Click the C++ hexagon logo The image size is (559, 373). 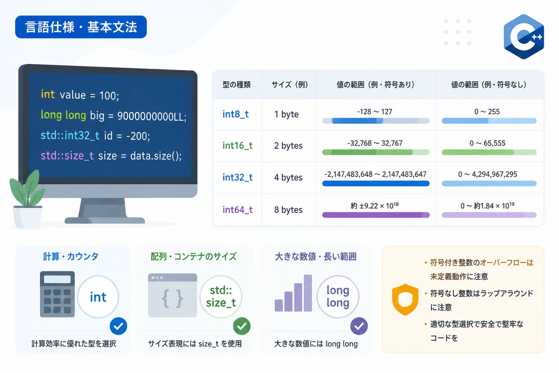click(524, 37)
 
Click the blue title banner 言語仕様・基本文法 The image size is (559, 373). click(81, 27)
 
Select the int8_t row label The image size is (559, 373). click(235, 114)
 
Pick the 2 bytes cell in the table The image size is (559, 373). click(288, 145)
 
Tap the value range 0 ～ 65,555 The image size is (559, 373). click(487, 143)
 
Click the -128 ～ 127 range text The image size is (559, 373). click(374, 111)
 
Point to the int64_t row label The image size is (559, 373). click(238, 209)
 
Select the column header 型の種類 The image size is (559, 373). click(236, 85)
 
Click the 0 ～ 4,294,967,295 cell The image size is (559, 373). click(487, 174)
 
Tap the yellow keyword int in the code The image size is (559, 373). click(48, 94)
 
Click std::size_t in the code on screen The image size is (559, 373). click(67, 156)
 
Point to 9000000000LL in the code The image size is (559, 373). click(152, 116)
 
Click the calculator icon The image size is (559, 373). click(57, 294)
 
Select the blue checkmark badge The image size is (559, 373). click(118, 326)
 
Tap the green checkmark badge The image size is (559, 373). click(242, 326)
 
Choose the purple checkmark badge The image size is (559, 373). click(359, 326)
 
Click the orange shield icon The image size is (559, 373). click(405, 300)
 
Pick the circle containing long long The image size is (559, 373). click(338, 297)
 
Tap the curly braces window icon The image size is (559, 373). click(173, 295)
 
